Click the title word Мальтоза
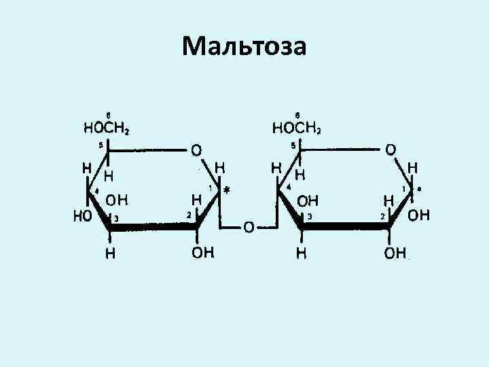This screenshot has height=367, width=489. tap(244, 47)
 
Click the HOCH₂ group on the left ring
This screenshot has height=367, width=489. tap(107, 127)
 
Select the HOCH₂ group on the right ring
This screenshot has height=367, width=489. tap(297, 127)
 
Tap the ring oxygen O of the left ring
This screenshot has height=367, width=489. tap(196, 147)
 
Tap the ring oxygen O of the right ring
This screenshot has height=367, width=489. tap(391, 147)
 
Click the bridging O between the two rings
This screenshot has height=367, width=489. tap(248, 227)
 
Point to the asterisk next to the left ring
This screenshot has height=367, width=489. tap(226, 192)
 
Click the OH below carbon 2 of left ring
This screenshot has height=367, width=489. tap(202, 253)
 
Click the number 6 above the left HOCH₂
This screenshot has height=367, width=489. tap(108, 113)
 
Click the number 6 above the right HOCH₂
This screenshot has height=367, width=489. tap(297, 113)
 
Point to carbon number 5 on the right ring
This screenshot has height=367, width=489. tap(293, 144)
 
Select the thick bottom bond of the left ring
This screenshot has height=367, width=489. tap(153, 229)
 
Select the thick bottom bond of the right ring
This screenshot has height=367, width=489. tap(345, 229)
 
